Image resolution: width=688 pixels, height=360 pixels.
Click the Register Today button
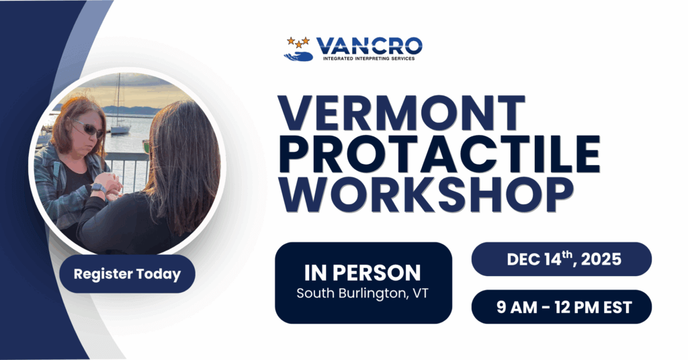[x=127, y=274]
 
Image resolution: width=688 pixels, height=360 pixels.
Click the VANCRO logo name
[x=370, y=46]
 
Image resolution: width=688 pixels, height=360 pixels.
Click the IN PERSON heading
[x=362, y=273]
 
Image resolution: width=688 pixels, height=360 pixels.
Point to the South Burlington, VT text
[x=363, y=293]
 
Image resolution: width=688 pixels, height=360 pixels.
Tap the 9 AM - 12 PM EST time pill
[x=561, y=307]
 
